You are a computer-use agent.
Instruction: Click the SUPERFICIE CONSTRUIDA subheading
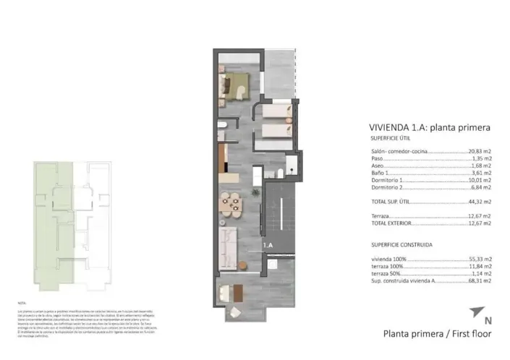coord(392,245)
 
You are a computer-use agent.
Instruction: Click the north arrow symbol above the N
coord(477,312)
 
